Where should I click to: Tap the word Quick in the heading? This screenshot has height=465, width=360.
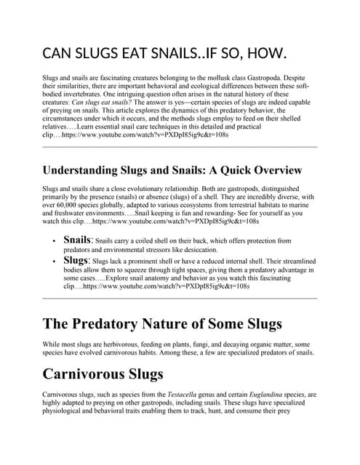pos(223,171)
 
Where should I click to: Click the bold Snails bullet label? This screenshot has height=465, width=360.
pos(78,239)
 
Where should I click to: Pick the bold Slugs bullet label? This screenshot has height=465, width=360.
pos(76,259)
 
